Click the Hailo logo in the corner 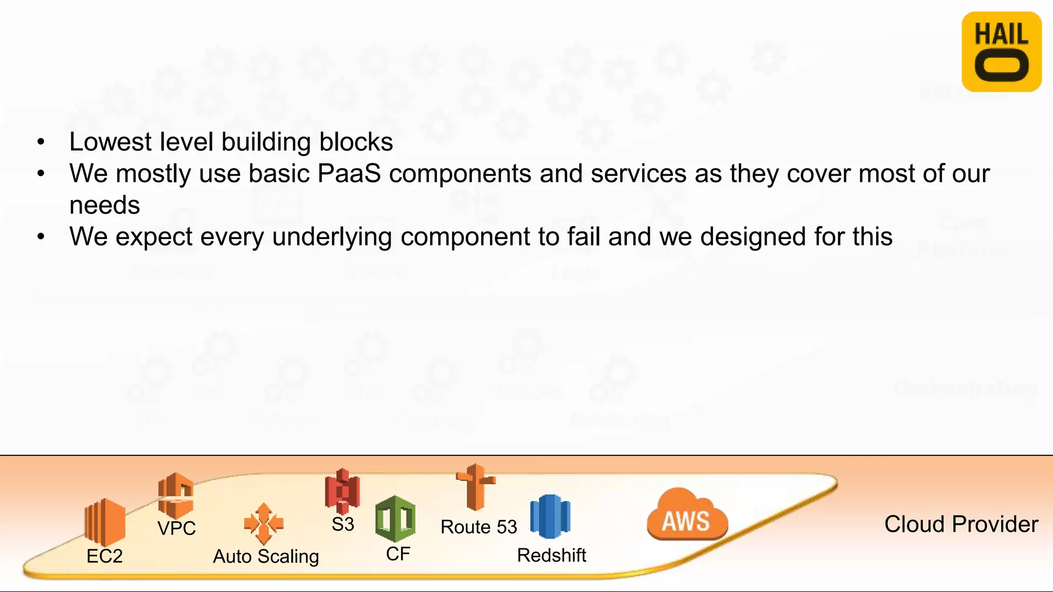pos(1001,52)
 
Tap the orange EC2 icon pos(105,522)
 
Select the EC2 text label pos(104,556)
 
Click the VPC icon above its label pos(176,495)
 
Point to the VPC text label pos(176,528)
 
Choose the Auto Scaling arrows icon pos(264,524)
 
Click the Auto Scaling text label pos(266,557)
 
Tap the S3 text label pos(342,525)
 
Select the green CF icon pos(395,519)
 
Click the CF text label pos(398,554)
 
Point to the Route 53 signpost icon pos(476,487)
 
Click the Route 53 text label pos(479,527)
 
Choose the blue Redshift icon pos(550,516)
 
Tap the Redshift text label pos(551,556)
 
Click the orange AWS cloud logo pos(687,515)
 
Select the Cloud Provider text pos(961,525)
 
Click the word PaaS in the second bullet pos(349,174)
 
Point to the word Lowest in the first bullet pos(111,142)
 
